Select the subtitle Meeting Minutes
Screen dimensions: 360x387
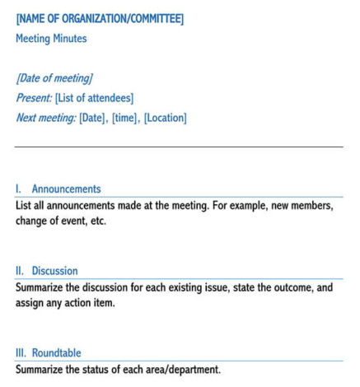tap(51, 38)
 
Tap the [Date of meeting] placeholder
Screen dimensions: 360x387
tap(54, 78)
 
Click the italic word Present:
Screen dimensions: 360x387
tap(34, 98)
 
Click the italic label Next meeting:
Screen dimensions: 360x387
tap(46, 118)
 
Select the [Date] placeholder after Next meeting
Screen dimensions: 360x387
tap(93, 118)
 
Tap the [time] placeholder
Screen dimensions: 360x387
tap(126, 118)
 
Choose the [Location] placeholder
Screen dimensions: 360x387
tap(166, 118)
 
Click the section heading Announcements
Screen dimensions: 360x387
tap(66, 189)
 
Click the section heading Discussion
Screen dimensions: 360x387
tap(54, 270)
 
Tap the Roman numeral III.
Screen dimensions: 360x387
tap(21, 352)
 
